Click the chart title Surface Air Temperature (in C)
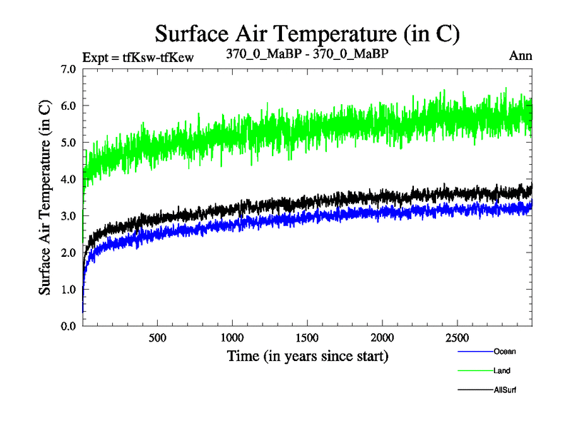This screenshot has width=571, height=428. click(x=307, y=34)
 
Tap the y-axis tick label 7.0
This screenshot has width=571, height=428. click(x=70, y=69)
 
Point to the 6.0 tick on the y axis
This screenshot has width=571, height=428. click(x=70, y=106)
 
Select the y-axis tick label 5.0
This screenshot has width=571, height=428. click(x=70, y=143)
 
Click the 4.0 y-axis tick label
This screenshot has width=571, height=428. click(x=70, y=179)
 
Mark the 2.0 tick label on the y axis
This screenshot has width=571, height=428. click(x=70, y=253)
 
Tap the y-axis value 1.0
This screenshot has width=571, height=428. click(x=70, y=289)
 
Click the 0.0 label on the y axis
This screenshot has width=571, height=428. click(x=70, y=326)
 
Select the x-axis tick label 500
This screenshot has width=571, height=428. click(x=158, y=337)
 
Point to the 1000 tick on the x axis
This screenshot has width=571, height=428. click(x=233, y=337)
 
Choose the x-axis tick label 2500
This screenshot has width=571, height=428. click(x=457, y=337)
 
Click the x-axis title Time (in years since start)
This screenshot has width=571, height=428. click(x=308, y=355)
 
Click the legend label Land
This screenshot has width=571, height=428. click(x=502, y=371)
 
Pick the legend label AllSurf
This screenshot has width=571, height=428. click(x=505, y=390)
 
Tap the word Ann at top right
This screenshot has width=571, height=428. click(x=520, y=56)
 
